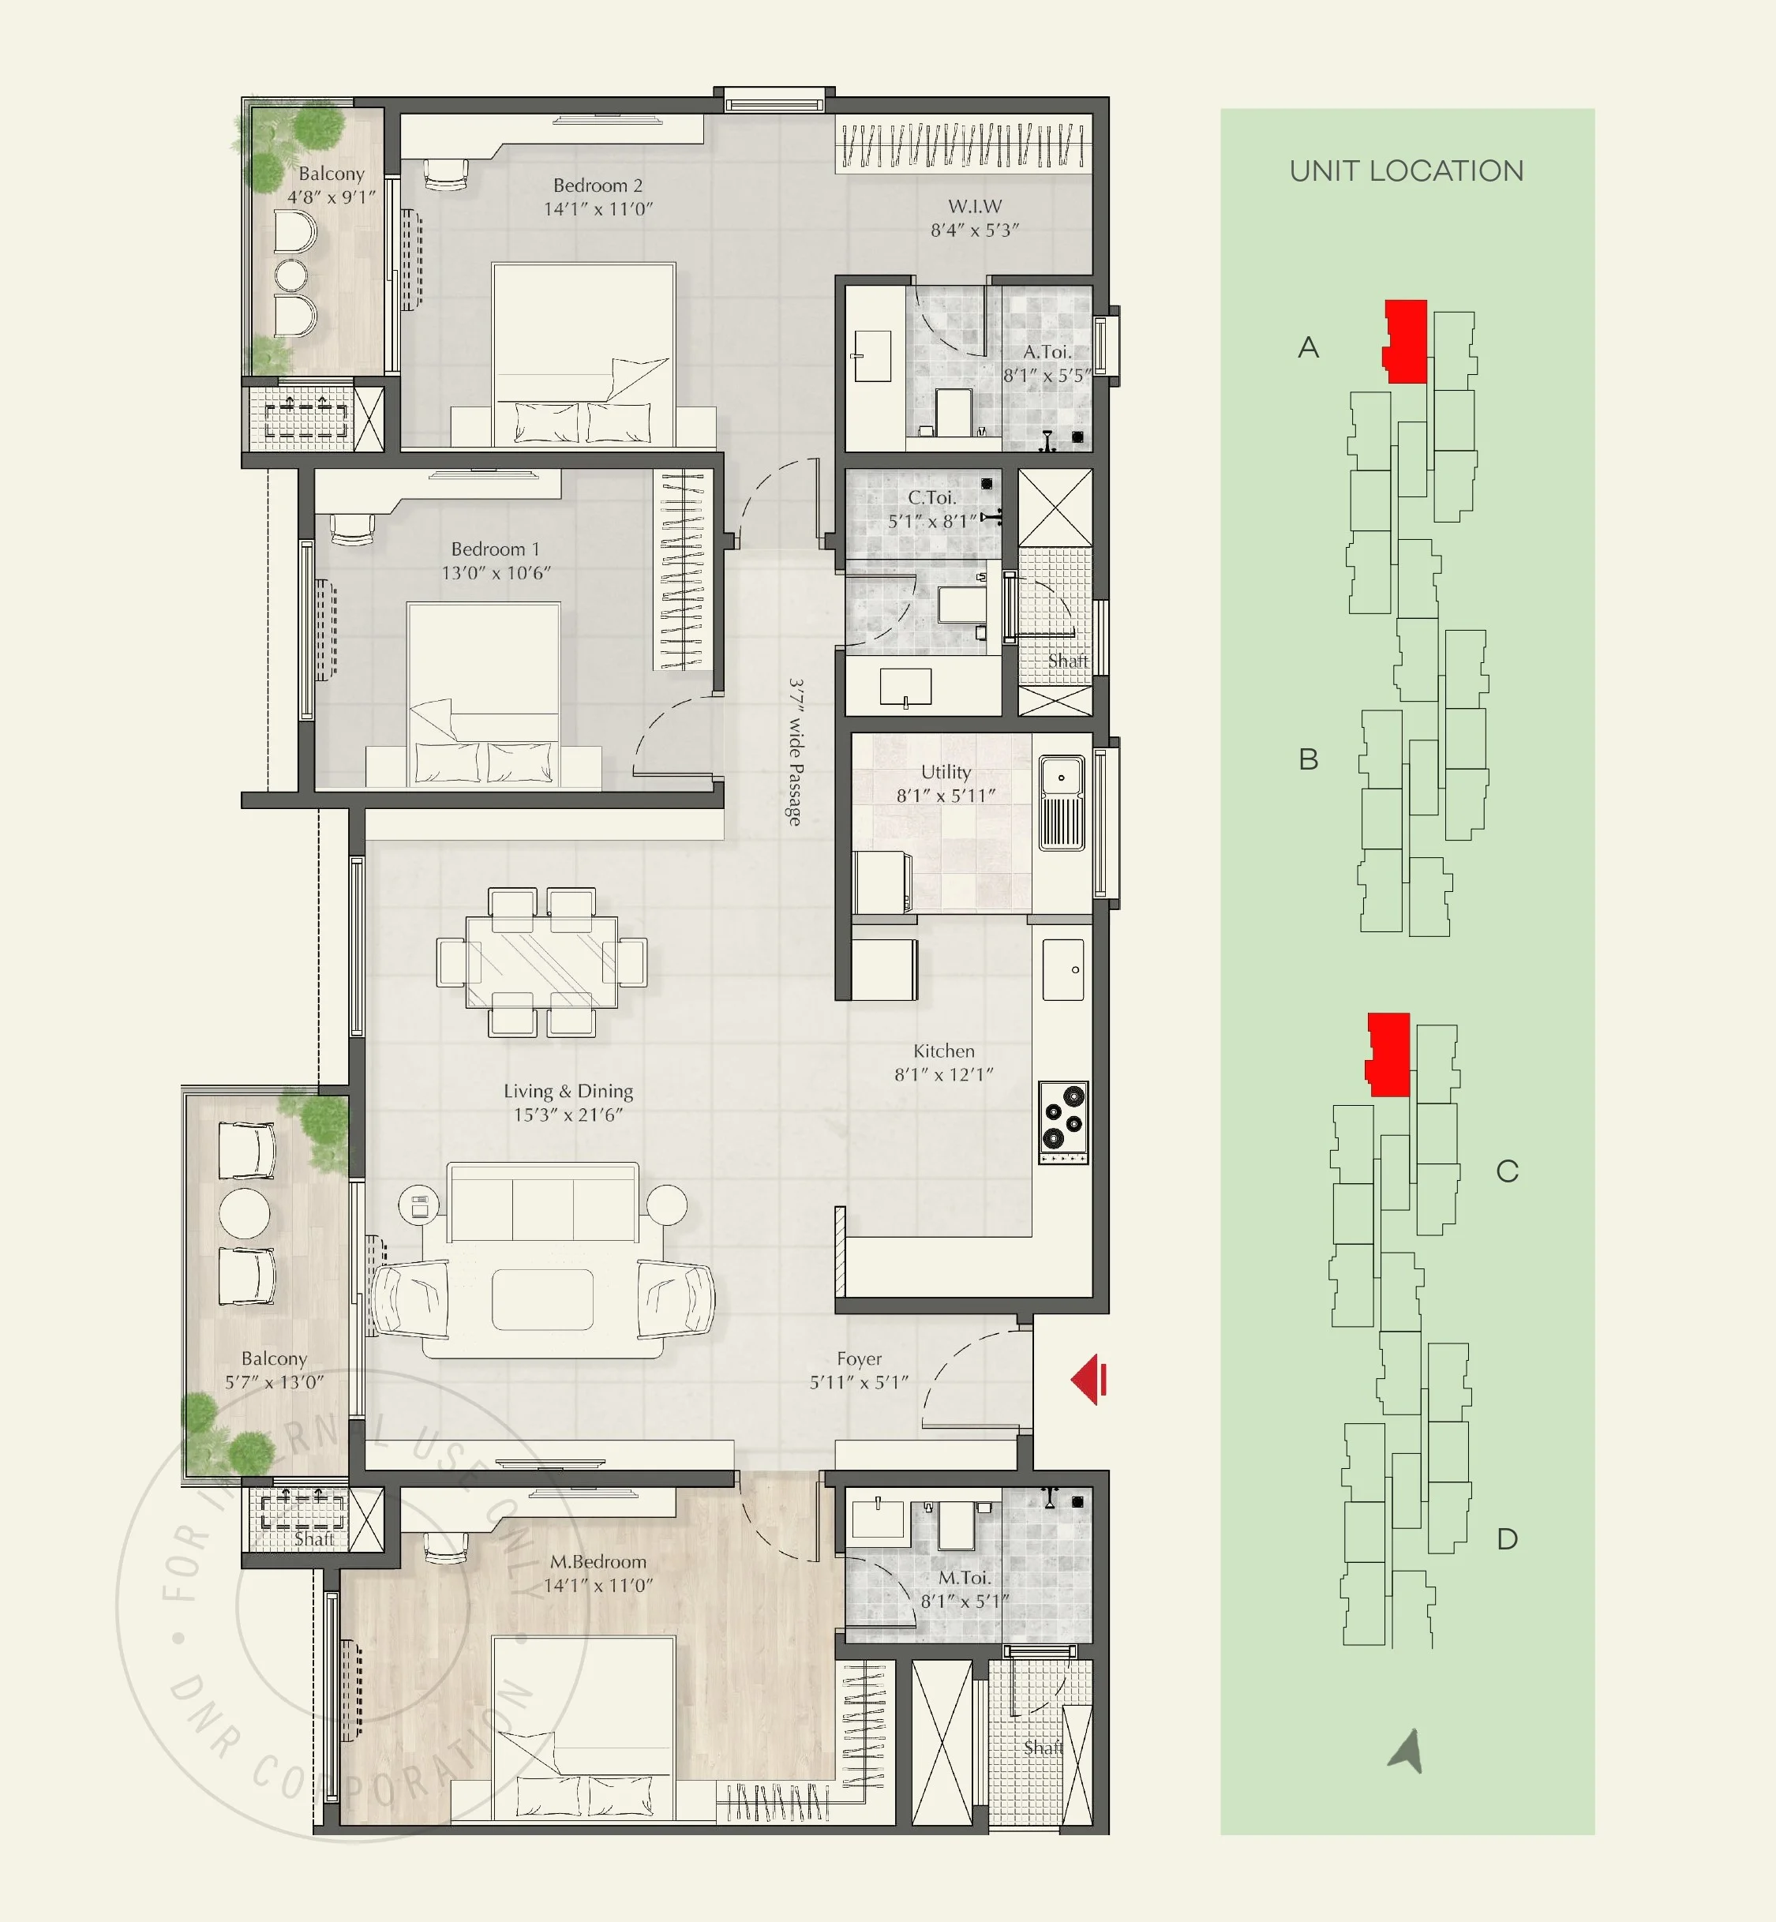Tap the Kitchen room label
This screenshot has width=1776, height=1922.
pos(944,1051)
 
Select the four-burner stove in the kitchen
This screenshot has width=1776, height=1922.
pos(1063,1122)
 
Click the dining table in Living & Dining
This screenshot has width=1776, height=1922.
pos(542,962)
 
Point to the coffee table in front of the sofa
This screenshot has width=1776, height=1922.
pos(542,1299)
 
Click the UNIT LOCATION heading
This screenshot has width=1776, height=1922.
pos(1406,171)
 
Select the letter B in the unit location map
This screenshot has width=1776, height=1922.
pos(1308,759)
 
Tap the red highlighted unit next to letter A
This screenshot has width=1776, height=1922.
pos(1405,341)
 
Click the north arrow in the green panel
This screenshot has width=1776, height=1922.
pos(1406,1751)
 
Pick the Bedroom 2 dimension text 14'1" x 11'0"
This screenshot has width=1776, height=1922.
pos(598,208)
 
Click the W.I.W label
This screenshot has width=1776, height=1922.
pos(975,207)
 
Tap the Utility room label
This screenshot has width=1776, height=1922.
pos(946,772)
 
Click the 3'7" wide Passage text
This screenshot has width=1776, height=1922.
pos(796,751)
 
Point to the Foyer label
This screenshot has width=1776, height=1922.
pos(859,1359)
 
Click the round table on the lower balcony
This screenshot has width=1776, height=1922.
pos(244,1214)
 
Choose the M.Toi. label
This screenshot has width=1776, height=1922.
pos(964,1578)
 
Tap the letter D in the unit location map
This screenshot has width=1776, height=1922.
pos(1507,1539)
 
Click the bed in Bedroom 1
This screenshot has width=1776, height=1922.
pos(483,694)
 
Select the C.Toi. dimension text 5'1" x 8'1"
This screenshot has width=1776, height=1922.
pos(931,521)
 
